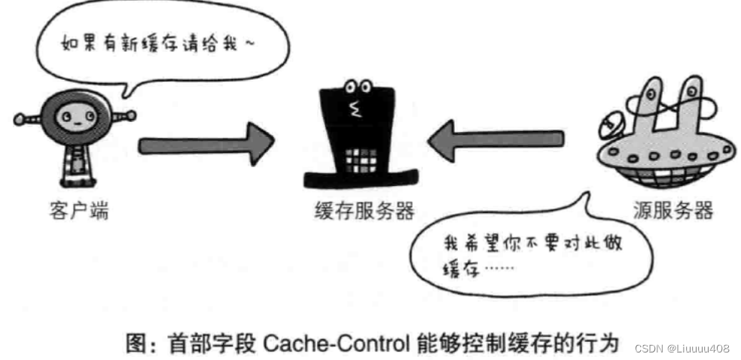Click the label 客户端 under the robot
coord(78,210)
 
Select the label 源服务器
coord(663,210)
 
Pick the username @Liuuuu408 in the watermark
coord(696,348)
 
